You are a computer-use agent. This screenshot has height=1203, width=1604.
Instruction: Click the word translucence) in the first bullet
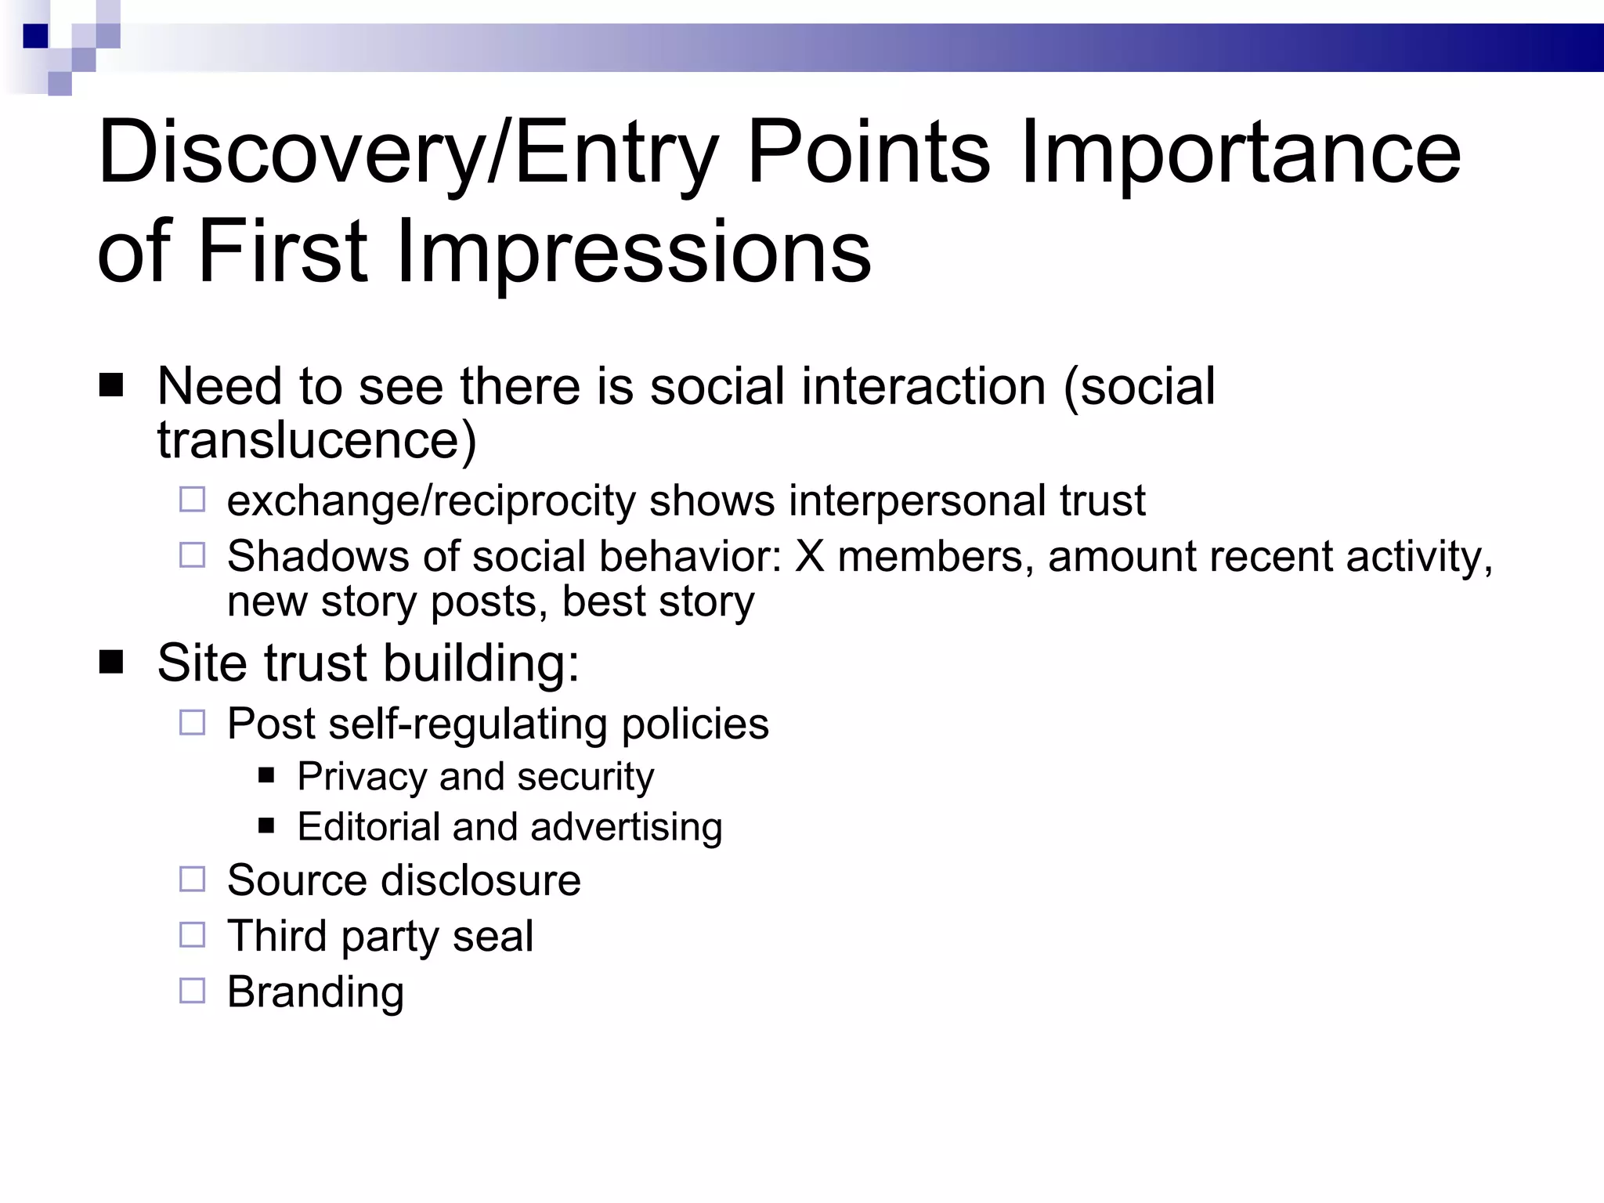(x=316, y=440)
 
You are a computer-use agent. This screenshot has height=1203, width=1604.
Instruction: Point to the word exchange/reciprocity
(x=431, y=501)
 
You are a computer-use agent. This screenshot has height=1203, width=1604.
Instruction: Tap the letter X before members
(x=810, y=556)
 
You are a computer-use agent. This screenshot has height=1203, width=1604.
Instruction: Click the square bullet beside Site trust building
(x=111, y=663)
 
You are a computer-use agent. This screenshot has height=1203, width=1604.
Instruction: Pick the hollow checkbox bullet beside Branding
(x=192, y=991)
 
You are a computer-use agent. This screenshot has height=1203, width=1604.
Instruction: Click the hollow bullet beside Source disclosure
(x=192, y=879)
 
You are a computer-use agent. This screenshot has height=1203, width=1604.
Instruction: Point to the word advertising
(x=626, y=827)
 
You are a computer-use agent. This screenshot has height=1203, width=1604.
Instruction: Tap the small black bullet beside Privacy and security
(x=266, y=776)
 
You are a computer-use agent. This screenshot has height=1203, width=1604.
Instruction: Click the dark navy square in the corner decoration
(x=35, y=35)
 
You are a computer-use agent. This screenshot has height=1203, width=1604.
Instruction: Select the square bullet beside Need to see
(x=111, y=386)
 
